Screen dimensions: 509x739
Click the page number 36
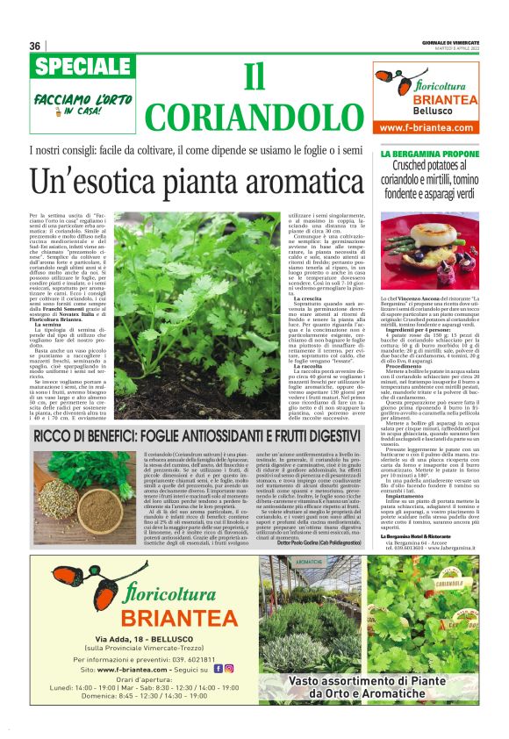click(34, 46)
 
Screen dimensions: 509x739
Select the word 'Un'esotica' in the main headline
click(93, 182)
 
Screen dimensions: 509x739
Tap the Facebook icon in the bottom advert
click(219, 668)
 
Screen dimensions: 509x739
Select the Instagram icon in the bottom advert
click(229, 668)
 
